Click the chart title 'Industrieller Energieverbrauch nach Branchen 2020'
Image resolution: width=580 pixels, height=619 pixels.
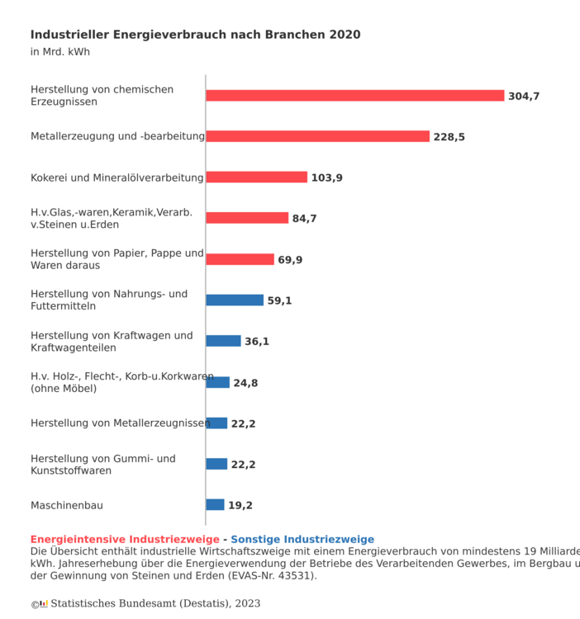(x=195, y=35)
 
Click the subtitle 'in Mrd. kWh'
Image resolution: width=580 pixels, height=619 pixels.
(x=59, y=52)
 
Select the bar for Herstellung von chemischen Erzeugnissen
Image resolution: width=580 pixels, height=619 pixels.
(x=354, y=96)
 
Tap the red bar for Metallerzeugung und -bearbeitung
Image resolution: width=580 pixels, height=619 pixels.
(x=317, y=136)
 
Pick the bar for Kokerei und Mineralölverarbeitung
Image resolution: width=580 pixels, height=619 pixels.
(x=256, y=177)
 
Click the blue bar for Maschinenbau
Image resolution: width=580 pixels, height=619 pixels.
(x=215, y=505)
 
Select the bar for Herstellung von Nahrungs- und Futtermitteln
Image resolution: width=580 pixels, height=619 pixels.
(x=235, y=300)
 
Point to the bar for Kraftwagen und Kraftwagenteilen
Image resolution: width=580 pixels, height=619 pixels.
(x=223, y=341)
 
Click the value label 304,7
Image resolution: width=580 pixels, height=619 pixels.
(x=524, y=97)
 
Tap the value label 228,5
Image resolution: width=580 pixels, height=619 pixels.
(x=449, y=137)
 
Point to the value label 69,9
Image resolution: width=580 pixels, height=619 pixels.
(x=290, y=260)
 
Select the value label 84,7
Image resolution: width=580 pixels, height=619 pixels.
(x=304, y=219)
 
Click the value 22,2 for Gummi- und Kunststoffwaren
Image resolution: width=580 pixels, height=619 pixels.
(x=243, y=465)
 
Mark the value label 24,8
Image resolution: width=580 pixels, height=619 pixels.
(x=245, y=383)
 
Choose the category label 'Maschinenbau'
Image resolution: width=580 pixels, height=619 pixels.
(x=67, y=505)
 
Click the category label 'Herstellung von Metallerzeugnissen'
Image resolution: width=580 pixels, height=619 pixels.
(x=120, y=423)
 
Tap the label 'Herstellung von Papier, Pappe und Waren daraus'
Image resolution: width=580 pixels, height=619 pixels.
(x=116, y=259)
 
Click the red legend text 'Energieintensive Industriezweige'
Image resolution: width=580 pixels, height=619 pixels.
(x=125, y=540)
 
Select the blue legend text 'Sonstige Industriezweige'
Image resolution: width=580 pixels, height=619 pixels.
(x=302, y=540)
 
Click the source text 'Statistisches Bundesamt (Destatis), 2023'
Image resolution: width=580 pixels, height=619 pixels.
(x=155, y=604)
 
